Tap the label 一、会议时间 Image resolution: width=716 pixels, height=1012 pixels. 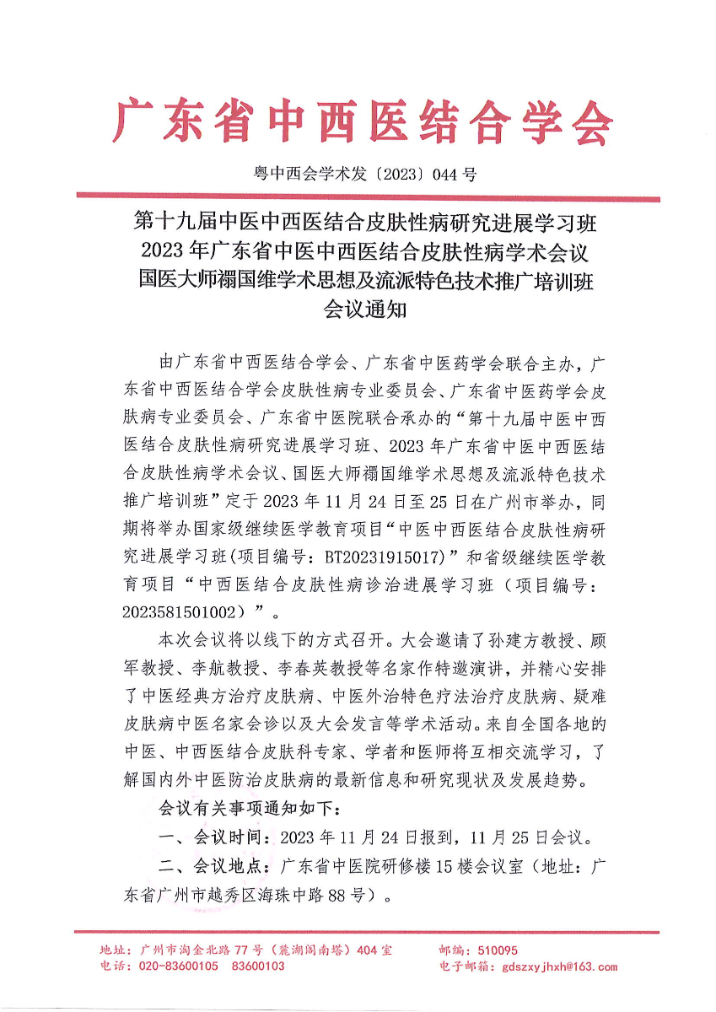click(213, 838)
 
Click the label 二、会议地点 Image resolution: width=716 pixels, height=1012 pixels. click(213, 867)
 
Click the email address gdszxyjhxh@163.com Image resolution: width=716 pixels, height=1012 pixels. click(559, 967)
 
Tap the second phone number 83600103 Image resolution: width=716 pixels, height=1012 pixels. click(257, 967)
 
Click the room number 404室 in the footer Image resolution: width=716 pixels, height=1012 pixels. click(374, 950)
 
